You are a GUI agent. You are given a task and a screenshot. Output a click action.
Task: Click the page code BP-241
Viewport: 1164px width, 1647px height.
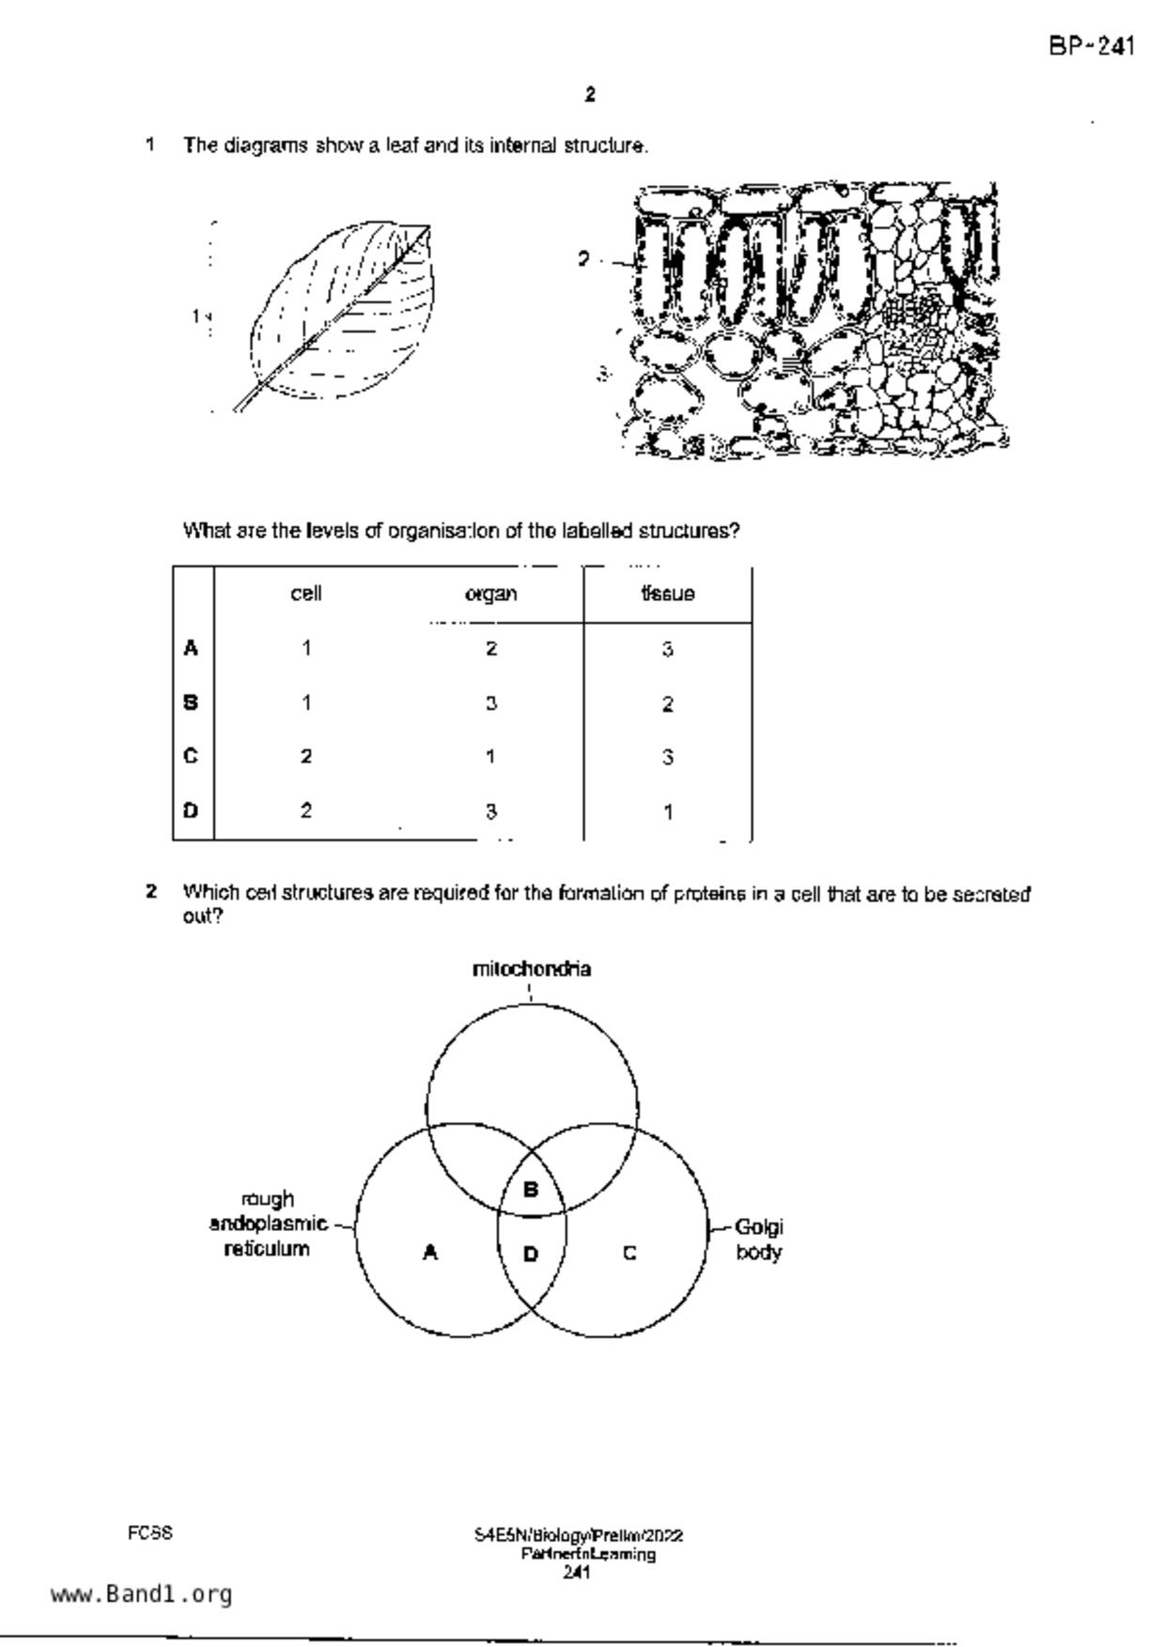tap(1091, 46)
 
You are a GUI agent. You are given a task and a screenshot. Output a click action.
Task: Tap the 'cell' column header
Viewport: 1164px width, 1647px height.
tap(306, 593)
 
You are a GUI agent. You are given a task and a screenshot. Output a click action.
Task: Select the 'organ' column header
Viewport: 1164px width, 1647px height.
tap(490, 594)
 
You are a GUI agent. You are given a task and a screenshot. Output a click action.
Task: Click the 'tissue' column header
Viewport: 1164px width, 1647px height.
tap(667, 594)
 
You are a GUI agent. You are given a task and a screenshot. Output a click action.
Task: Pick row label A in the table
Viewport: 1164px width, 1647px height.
tap(192, 648)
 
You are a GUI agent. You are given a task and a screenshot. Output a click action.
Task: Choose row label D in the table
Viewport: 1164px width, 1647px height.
tap(192, 810)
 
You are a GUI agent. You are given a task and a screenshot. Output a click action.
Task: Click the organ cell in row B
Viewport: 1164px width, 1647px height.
tap(490, 703)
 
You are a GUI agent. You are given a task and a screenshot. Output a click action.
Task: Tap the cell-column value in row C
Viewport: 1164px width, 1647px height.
tap(306, 757)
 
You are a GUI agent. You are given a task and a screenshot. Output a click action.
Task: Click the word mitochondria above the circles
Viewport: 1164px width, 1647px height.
tap(531, 969)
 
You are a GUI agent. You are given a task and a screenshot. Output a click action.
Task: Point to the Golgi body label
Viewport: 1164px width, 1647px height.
tap(758, 1239)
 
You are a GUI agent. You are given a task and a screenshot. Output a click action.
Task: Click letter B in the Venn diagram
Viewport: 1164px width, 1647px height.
tap(530, 1190)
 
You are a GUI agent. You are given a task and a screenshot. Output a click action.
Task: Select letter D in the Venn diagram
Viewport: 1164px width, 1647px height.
tap(530, 1254)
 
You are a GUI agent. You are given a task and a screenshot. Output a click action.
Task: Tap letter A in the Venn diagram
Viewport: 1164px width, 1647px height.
tap(430, 1252)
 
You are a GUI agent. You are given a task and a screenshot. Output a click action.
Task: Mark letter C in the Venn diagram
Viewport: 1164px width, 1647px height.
tap(629, 1253)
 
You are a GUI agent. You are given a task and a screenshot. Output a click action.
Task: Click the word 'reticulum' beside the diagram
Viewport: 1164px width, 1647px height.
tap(267, 1249)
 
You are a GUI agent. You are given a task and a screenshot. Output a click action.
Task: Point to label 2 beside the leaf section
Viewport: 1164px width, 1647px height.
tap(584, 259)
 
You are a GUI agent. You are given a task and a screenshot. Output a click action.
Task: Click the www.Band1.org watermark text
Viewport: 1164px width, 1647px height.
tap(141, 1593)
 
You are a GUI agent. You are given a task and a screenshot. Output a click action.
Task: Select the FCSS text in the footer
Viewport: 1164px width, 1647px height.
tap(150, 1533)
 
